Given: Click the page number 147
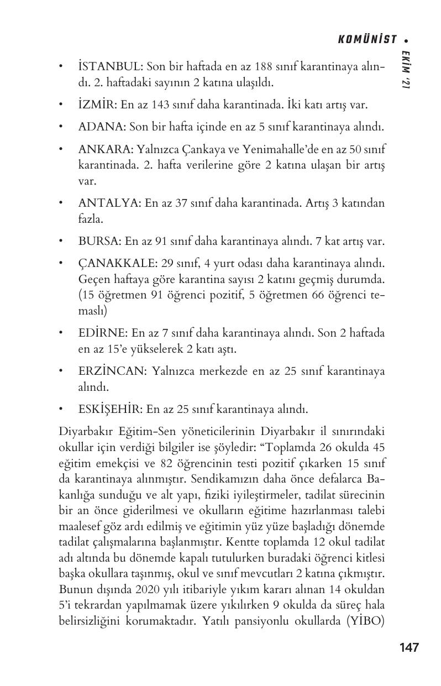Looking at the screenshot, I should (408, 647).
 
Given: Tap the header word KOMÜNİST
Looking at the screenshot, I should (368, 39).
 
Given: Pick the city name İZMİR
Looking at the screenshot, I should (97, 104).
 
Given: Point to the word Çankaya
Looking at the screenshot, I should (196, 149).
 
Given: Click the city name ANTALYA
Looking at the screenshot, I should (109, 203).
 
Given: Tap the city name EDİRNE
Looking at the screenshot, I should (103, 333).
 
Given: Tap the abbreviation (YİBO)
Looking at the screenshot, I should (365, 621).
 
